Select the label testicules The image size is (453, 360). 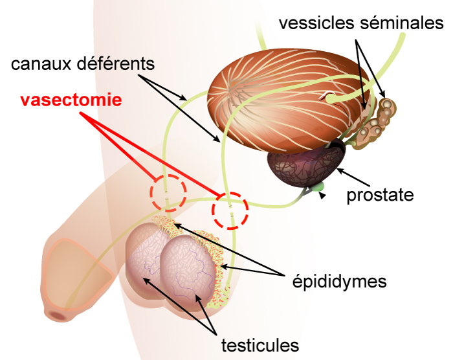[x=261, y=343]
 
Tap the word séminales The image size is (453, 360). [x=401, y=24]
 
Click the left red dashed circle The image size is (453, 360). [x=168, y=192]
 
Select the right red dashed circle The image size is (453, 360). [x=230, y=210]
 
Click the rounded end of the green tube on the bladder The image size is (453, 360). [x=331, y=99]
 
